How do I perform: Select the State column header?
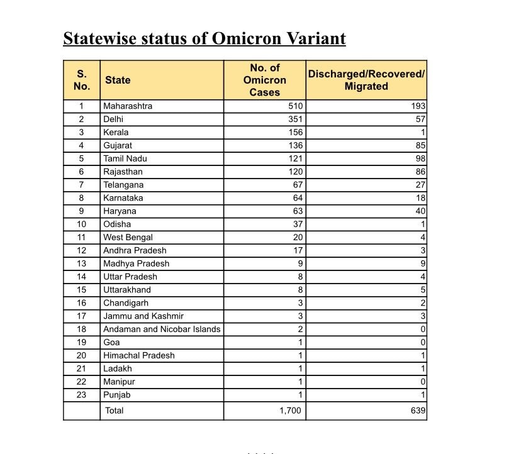[x=118, y=80]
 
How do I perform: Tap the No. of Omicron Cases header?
[x=264, y=80]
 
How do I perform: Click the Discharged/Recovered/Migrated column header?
[x=366, y=80]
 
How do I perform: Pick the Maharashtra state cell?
[x=128, y=106]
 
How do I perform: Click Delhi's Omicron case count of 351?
[x=295, y=119]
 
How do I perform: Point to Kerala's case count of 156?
[x=295, y=133]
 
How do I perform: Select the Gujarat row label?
[x=118, y=146]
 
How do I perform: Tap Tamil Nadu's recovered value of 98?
[x=420, y=159]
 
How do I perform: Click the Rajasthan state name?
[x=123, y=172]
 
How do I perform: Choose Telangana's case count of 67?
[x=298, y=185]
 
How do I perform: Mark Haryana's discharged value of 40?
[x=420, y=211]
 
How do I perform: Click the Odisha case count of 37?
[x=298, y=224]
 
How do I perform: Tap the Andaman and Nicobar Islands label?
[x=162, y=329]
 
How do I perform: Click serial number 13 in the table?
[x=81, y=264]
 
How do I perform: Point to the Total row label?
[x=115, y=411]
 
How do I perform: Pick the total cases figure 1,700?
[x=290, y=411]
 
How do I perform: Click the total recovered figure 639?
[x=418, y=411]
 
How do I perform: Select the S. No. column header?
[x=82, y=80]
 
